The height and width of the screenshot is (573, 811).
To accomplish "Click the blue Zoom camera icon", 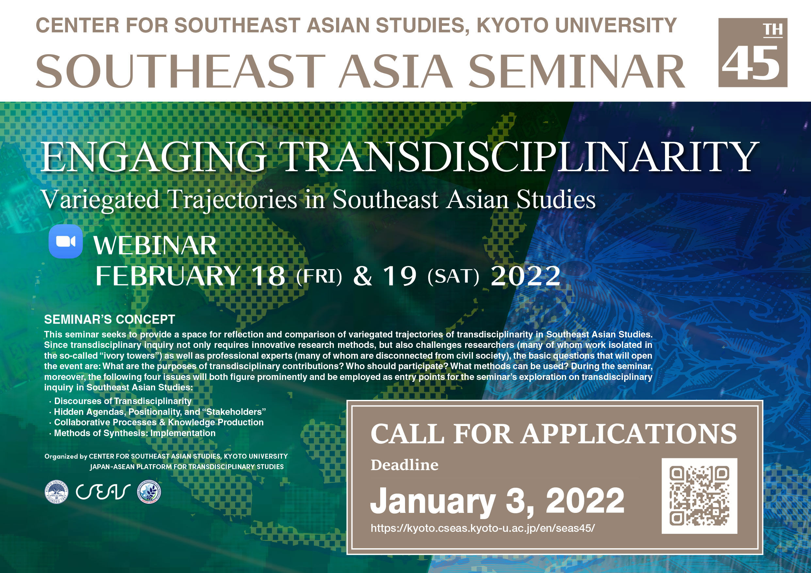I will click(x=66, y=241).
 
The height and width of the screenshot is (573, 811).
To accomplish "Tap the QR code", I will click(x=699, y=496).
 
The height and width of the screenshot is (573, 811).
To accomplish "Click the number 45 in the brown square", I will click(x=751, y=64).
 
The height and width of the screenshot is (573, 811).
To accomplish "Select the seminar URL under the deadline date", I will click(x=482, y=528).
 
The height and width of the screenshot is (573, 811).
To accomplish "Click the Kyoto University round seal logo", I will click(x=57, y=492).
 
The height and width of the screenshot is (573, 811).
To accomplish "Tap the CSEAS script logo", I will click(x=103, y=492).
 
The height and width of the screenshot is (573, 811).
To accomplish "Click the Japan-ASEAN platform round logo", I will click(x=149, y=492).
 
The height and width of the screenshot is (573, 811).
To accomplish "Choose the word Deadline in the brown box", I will click(x=404, y=465).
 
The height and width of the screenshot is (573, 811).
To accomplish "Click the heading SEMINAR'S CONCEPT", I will click(x=109, y=319).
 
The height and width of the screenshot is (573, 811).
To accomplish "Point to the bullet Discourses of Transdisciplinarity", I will click(x=122, y=401).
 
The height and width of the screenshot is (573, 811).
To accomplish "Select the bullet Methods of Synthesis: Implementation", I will click(x=135, y=433).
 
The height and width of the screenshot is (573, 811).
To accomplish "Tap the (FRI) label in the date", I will click(x=319, y=276).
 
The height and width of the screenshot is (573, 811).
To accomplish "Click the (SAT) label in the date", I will click(x=453, y=276).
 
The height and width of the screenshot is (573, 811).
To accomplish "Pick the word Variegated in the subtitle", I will click(x=100, y=200).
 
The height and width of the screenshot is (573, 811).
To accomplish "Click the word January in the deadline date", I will click(x=433, y=501).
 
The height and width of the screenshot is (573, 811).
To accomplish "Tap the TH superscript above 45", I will click(x=773, y=30).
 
